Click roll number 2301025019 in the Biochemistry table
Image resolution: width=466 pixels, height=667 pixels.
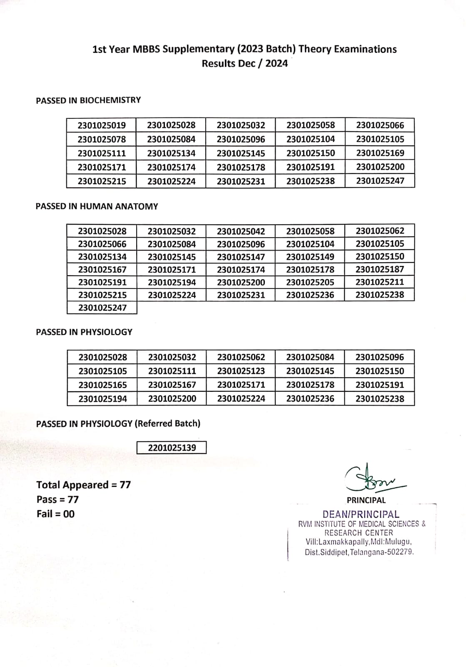(x=102, y=125)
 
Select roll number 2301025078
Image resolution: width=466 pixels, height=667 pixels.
(x=102, y=139)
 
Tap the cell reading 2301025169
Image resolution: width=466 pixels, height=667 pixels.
(x=380, y=153)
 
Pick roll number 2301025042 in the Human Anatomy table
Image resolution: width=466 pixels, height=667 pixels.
(x=241, y=231)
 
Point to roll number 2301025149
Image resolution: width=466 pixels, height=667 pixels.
(x=310, y=257)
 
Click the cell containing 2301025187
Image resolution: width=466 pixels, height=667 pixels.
(x=380, y=269)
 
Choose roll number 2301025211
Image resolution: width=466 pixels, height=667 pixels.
(x=380, y=282)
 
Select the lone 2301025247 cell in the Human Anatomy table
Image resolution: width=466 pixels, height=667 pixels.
(x=102, y=308)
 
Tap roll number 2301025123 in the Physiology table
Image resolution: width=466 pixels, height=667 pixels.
(x=241, y=371)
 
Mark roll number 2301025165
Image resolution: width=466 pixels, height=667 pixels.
(x=102, y=385)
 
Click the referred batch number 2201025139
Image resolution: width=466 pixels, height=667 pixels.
(x=172, y=448)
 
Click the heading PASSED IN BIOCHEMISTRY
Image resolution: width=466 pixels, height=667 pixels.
(x=88, y=100)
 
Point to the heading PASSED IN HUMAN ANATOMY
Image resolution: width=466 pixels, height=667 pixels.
(x=97, y=206)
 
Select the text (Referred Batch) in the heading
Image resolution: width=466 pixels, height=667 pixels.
(x=167, y=424)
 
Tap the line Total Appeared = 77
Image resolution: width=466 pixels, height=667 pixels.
(x=83, y=485)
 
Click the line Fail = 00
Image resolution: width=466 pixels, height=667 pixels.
(x=55, y=514)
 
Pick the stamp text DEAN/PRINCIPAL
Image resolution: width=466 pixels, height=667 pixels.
(x=361, y=514)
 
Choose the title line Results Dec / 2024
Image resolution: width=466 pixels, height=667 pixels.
(x=244, y=63)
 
